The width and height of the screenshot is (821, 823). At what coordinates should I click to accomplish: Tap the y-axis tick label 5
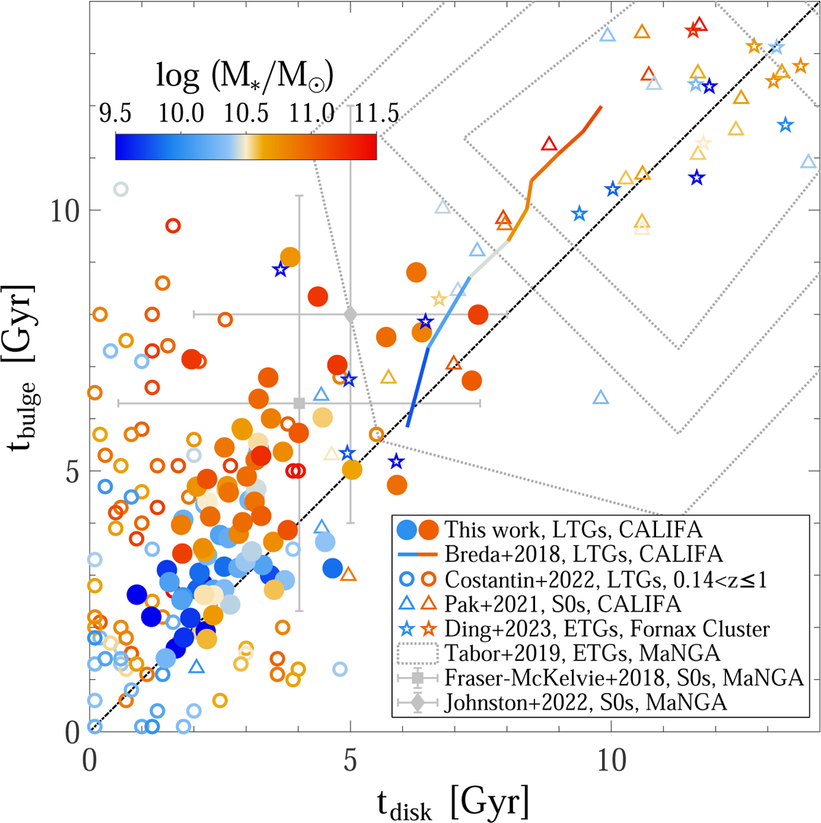coord(73,471)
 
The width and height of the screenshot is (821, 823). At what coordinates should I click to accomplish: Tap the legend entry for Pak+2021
coord(562,604)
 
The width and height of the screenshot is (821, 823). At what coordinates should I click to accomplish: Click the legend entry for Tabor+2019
coord(582,653)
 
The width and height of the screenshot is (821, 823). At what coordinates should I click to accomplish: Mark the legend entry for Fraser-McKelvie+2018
coord(623,678)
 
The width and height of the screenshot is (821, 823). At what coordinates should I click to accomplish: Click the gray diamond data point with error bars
coord(350,315)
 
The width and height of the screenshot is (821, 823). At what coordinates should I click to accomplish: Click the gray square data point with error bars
coord(298,404)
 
